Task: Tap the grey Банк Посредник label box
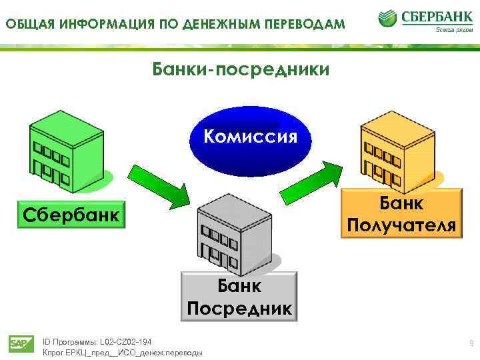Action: (239, 297)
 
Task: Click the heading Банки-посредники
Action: (241, 69)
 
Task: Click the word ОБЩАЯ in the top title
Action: (28, 25)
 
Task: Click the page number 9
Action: (471, 343)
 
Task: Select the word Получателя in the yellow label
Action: (401, 225)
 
